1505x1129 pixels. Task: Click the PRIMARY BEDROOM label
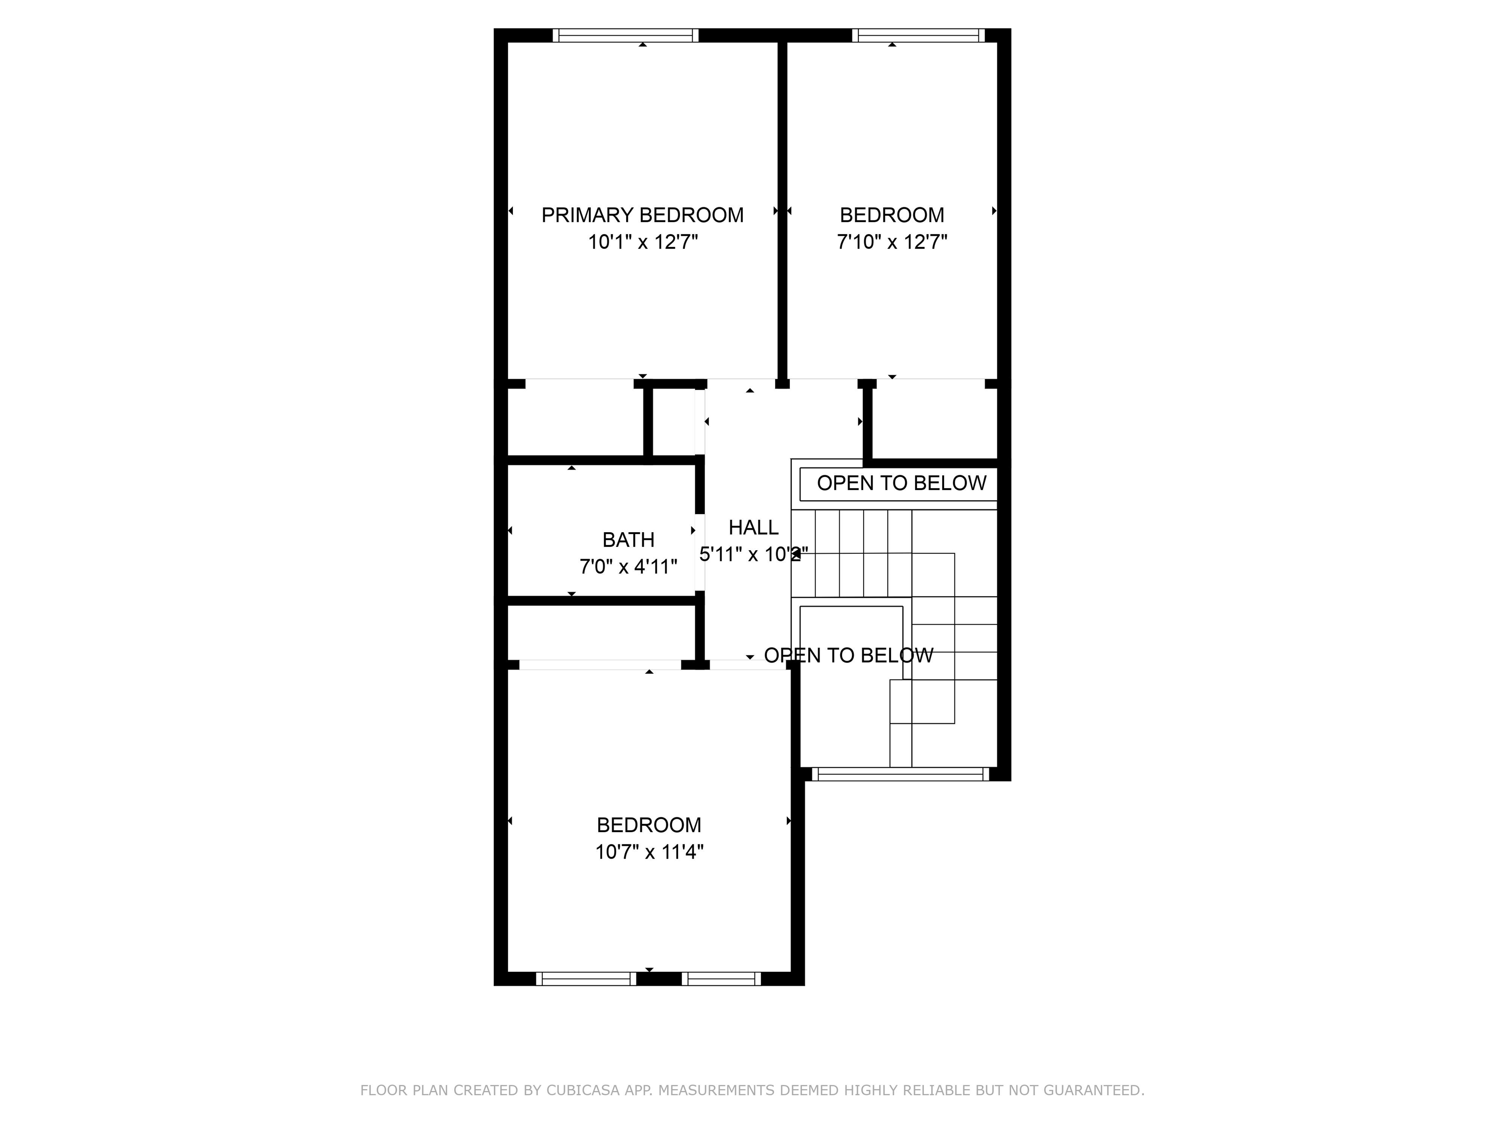click(642, 215)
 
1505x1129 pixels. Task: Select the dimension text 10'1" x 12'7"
click(642, 242)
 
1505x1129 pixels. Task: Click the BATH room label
click(628, 540)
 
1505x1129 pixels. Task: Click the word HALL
click(753, 527)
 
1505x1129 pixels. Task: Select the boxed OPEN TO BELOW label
click(901, 483)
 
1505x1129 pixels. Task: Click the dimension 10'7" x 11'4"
click(649, 852)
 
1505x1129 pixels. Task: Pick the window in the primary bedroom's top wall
click(625, 35)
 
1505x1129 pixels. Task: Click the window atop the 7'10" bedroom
click(918, 35)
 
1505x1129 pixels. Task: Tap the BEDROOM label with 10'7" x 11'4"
click(649, 825)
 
